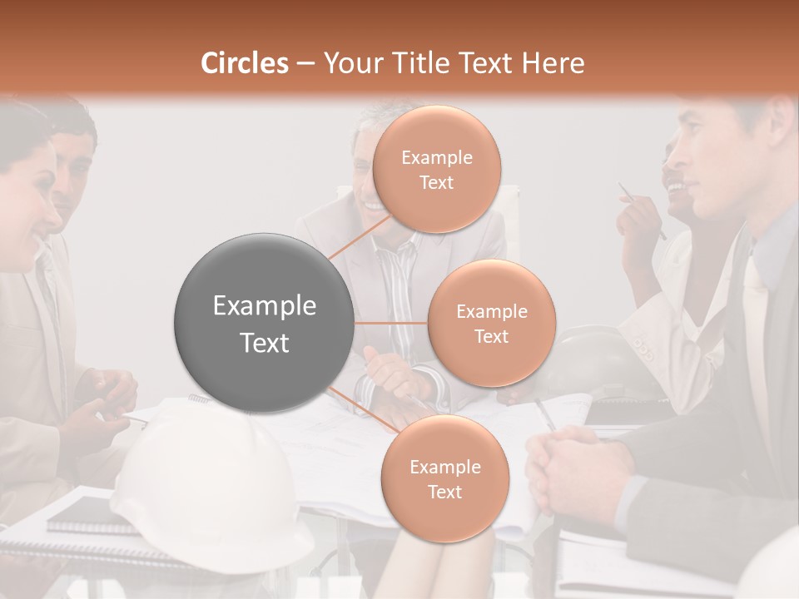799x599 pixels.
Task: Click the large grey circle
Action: point(263,323)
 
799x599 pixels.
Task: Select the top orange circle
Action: point(436,169)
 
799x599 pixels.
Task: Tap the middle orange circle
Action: point(491,323)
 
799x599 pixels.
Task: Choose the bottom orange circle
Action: point(444,478)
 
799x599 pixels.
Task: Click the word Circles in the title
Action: point(245,63)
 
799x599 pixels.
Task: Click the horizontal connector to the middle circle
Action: point(390,323)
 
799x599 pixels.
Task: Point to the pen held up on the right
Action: point(641,211)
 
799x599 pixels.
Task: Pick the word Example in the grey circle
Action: point(265,306)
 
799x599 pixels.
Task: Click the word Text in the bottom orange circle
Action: point(444,492)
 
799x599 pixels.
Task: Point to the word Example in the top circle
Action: point(436,157)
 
